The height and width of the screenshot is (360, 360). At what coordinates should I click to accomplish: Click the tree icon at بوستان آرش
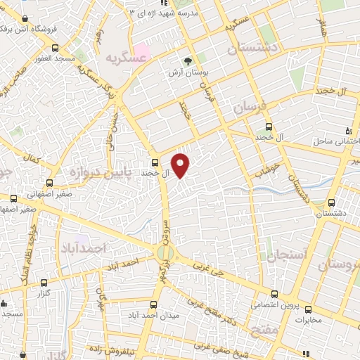[187, 60]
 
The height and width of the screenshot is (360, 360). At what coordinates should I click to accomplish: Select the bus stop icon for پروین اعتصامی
[274, 295]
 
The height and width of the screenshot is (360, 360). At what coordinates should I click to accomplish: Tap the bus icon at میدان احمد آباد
[155, 304]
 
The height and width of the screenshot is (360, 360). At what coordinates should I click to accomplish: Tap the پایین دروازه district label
[88, 171]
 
